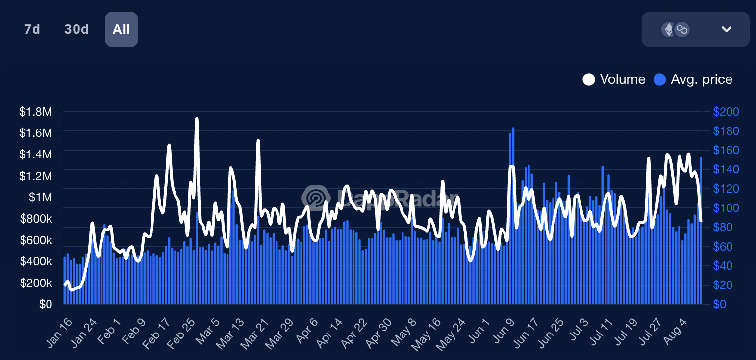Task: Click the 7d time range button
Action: [x=32, y=29]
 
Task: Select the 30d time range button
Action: [x=76, y=29]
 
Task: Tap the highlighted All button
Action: [x=122, y=29]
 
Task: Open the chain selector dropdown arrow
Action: [x=726, y=29]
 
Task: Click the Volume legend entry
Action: [x=614, y=79]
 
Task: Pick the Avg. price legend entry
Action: [x=693, y=79]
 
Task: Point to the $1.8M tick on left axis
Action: [x=35, y=112]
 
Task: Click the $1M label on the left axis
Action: [x=40, y=197]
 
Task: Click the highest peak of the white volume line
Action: [x=197, y=119]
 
